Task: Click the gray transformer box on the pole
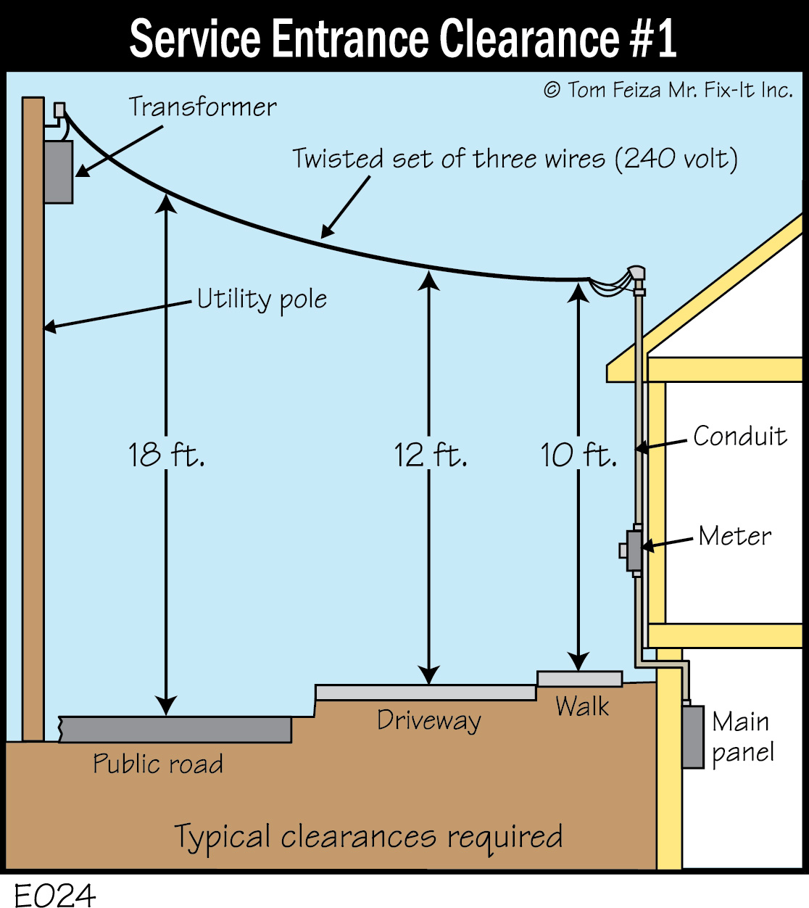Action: coord(59,172)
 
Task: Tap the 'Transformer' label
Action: coord(202,107)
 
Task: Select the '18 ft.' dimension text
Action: coord(166,455)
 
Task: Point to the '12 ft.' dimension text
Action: coord(430,455)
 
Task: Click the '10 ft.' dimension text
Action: coord(578,455)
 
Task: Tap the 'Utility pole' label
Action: coord(262,299)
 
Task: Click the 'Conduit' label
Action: coord(739,436)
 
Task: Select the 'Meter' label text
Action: coord(734,536)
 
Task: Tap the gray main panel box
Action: coord(693,736)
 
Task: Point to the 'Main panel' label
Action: coord(742,737)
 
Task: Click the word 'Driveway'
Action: coord(428,720)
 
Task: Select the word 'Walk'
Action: coord(582,706)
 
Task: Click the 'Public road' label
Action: coord(157,764)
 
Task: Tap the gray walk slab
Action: coord(579,679)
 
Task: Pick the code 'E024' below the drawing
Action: coord(54,895)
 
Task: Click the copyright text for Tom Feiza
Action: coord(668,90)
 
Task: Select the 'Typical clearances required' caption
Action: coord(368,837)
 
